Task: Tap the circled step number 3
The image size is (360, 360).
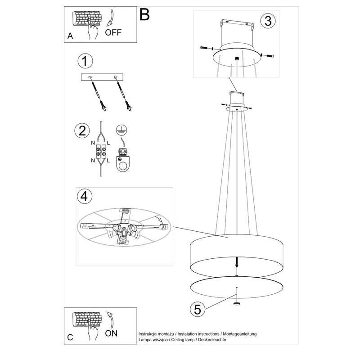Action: point(268,20)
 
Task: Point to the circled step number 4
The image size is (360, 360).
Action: point(83,197)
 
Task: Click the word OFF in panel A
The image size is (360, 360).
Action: point(113,32)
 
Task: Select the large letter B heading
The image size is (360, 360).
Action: point(144,14)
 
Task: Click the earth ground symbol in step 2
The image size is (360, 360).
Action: point(120,129)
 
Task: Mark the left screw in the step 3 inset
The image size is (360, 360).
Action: point(205,49)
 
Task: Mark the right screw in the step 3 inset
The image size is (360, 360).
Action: point(269,56)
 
